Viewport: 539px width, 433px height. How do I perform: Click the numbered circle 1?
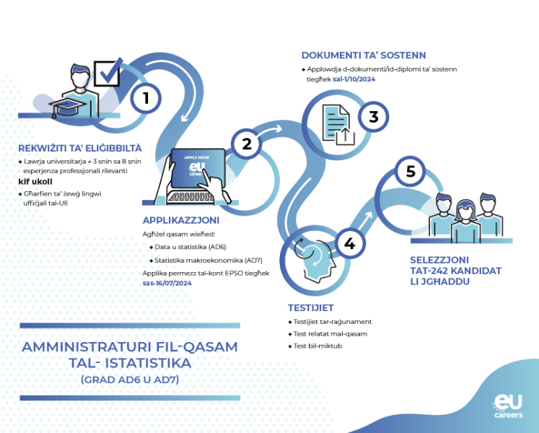tap(146, 98)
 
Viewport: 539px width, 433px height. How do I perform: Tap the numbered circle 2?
tap(247, 144)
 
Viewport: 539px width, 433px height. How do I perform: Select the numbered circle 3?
tap(373, 117)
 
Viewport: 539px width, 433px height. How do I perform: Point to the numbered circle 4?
tap(350, 243)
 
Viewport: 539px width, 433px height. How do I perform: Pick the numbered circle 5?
tap(410, 171)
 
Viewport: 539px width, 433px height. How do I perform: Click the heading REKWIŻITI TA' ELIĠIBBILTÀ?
tap(80, 148)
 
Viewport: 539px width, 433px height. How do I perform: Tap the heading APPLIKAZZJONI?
tap(181, 220)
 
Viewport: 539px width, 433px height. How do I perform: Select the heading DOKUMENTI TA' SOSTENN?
tap(364, 55)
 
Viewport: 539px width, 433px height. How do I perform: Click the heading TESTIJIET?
tap(311, 308)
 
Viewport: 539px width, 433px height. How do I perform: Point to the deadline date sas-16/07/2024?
tap(167, 283)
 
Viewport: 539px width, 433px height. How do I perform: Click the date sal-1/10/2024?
tap(354, 79)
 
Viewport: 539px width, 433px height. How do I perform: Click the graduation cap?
tap(67, 108)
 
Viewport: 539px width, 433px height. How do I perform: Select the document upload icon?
tap(338, 125)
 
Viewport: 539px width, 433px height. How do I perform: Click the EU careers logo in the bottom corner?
tap(509, 406)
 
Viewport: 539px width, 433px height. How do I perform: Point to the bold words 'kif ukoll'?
tap(35, 182)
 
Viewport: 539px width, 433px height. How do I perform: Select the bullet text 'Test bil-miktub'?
tap(317, 346)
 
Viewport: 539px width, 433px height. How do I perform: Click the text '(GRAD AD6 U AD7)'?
tap(130, 380)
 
